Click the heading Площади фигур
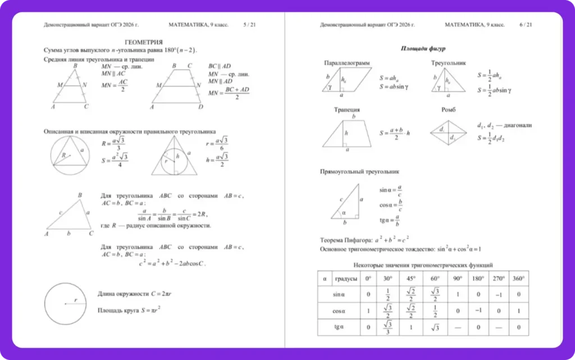click(423, 48)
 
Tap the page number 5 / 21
click(249, 25)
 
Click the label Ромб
click(448, 110)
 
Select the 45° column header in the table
click(410, 279)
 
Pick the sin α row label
click(339, 294)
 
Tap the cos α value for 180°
click(478, 311)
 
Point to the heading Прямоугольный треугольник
click(360, 171)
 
